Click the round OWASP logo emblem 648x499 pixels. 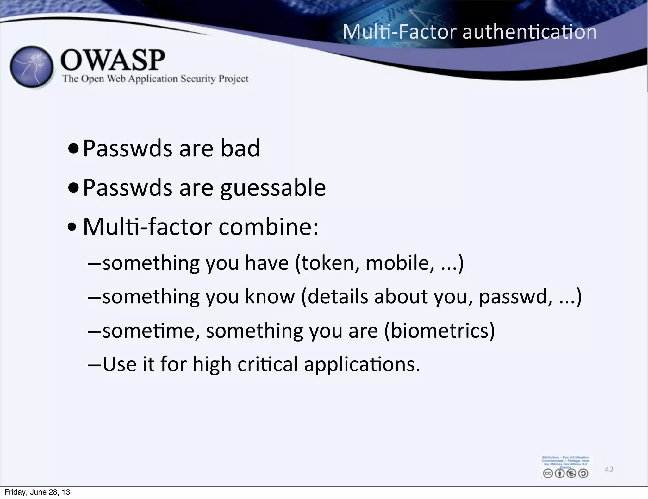coord(32,67)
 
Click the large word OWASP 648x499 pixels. coord(113,60)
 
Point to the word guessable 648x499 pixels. coord(273,188)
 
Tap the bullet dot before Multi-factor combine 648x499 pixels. coord(72,227)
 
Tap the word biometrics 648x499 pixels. coord(439,331)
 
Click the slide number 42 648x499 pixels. coord(609,470)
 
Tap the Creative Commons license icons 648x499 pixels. coord(565,473)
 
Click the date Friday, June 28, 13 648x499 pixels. coord(37,492)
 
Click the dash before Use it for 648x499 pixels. coord(94,365)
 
